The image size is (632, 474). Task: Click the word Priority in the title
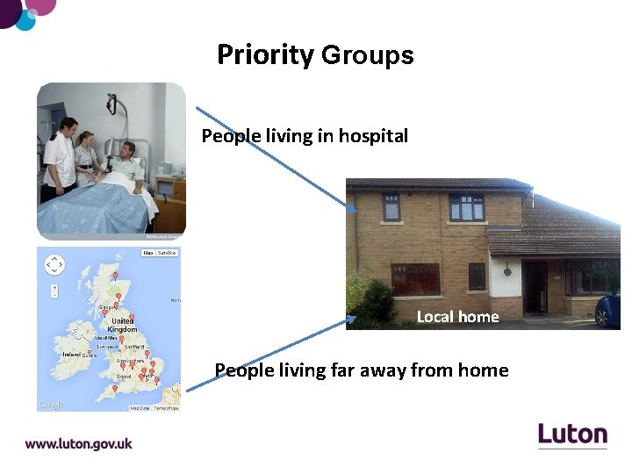click(265, 55)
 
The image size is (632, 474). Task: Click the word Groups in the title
click(367, 55)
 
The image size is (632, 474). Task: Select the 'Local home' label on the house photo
click(457, 317)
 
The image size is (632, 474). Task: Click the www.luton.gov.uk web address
click(78, 444)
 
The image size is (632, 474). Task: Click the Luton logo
click(572, 434)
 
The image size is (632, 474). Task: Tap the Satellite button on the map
click(167, 253)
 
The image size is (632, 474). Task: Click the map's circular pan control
click(54, 264)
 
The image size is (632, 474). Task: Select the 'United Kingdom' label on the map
click(123, 326)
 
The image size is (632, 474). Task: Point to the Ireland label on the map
click(72, 355)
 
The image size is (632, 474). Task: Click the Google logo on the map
click(51, 405)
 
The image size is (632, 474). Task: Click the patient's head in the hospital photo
click(127, 149)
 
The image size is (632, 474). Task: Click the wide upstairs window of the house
click(467, 207)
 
